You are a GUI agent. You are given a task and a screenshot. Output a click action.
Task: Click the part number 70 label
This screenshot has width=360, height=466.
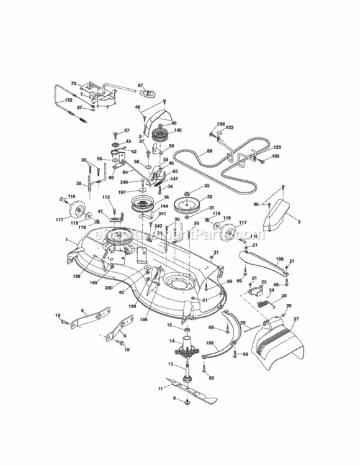(73, 83)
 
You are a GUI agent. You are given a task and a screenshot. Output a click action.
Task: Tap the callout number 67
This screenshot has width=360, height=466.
(140, 85)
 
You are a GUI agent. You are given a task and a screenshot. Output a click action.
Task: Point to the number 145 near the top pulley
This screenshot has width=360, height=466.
(178, 130)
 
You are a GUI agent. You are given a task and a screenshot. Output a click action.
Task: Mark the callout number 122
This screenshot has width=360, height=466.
(229, 127)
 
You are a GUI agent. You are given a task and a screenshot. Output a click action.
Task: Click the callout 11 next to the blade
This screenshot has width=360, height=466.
(160, 388)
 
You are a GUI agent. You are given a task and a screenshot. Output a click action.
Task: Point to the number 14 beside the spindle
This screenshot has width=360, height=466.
(172, 341)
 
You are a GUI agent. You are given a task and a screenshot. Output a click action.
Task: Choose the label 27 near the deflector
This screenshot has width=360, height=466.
(296, 318)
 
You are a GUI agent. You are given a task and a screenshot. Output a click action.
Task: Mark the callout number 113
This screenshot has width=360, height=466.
(106, 198)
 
